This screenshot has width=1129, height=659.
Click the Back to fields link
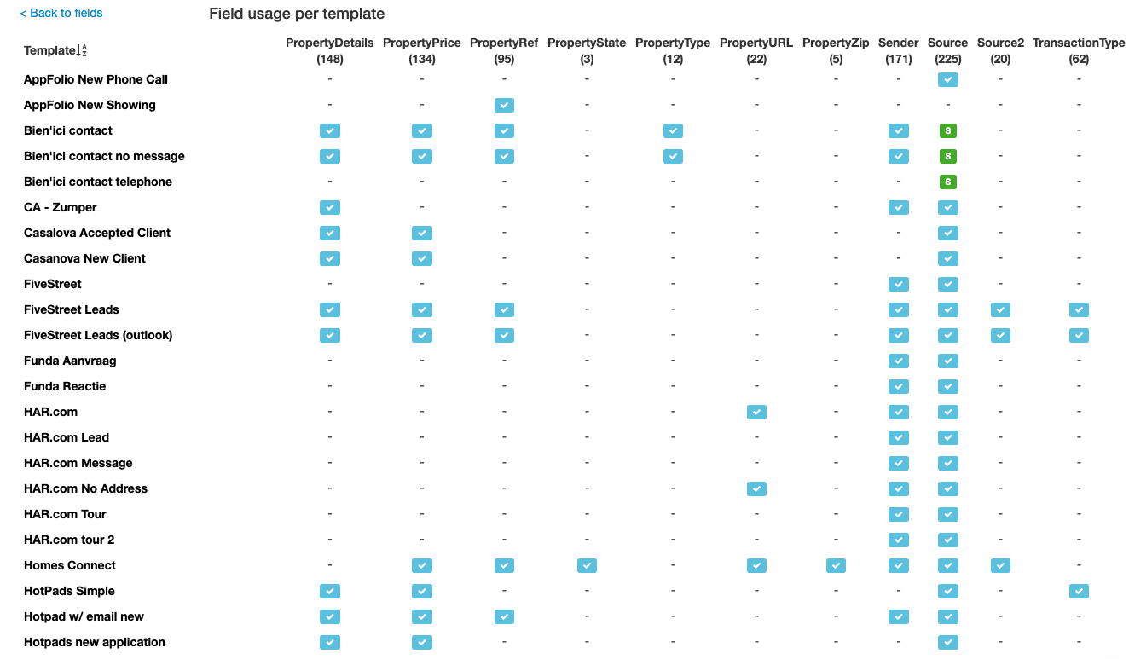[x=61, y=13]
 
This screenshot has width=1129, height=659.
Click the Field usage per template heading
[x=297, y=14]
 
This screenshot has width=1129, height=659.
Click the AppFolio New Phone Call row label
[x=96, y=79]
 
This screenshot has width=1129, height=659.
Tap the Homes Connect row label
[x=70, y=565]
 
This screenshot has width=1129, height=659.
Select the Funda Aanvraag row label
[x=70, y=361]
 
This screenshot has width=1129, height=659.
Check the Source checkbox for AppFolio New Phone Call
[x=947, y=80]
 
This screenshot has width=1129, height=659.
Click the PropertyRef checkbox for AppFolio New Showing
[x=504, y=106]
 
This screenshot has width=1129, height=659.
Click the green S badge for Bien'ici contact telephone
[x=947, y=182]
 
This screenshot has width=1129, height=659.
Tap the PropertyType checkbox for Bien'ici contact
[x=673, y=131]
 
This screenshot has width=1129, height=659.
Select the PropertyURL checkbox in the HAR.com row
[x=756, y=413]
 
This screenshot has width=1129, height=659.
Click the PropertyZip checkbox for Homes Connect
[x=836, y=566]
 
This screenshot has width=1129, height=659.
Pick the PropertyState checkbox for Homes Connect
[x=587, y=566]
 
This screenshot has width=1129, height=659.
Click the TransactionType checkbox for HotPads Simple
[x=1079, y=592]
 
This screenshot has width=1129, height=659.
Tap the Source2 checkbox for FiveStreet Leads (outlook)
[x=1000, y=336]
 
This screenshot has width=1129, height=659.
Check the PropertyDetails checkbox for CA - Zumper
[x=330, y=208]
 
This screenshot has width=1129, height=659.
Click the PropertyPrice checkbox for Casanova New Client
[x=422, y=259]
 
